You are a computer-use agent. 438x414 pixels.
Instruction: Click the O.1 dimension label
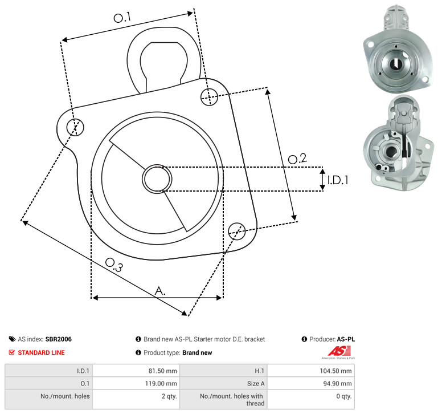pos(122,18)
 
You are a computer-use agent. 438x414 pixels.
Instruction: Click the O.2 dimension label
pos(297,159)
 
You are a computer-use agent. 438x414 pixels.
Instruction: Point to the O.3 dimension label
pos(114,265)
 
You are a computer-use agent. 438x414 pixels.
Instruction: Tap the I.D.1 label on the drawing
pos(338,180)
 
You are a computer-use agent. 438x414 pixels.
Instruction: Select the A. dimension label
pos(160,291)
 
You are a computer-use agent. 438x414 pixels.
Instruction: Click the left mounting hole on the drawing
pos(75,127)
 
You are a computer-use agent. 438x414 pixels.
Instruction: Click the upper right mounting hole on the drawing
pos(209,97)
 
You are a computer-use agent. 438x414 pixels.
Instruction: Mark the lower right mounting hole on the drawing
pos(237,231)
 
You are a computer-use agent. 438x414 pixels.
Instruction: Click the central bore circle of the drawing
pos(157,178)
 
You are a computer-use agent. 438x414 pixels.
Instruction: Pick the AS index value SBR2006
pos(59,339)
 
